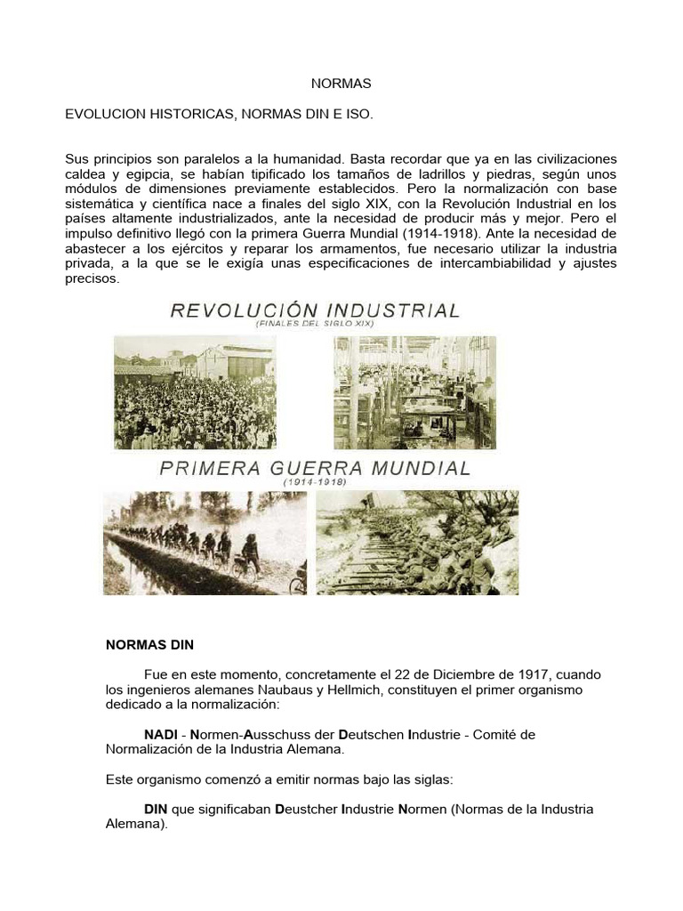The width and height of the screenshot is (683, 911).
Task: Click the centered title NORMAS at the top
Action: point(341,84)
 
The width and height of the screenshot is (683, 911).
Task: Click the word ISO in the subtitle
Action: point(358,115)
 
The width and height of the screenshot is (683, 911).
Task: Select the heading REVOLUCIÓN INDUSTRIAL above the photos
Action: point(315,310)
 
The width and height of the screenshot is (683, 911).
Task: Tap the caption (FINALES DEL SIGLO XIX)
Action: point(314,326)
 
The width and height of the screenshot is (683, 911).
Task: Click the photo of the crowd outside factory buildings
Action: point(195,379)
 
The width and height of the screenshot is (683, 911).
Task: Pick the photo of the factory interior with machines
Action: point(414,381)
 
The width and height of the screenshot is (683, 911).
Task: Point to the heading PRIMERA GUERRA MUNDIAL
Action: point(315,468)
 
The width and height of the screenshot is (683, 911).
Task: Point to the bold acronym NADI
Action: point(161,735)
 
